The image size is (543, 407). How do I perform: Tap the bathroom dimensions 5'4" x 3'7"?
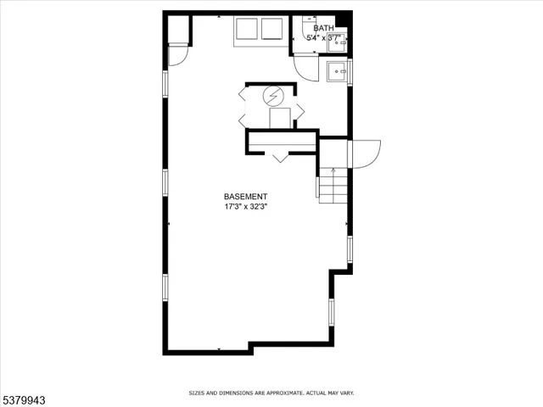click(x=323, y=37)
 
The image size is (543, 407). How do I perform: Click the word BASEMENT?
click(x=245, y=196)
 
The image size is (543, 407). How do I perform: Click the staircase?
click(x=333, y=185)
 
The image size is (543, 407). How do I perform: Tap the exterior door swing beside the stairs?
click(x=366, y=153)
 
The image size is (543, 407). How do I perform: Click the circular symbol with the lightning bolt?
click(x=273, y=96)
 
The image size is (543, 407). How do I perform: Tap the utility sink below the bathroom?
click(x=337, y=72)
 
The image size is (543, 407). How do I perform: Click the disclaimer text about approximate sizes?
click(x=271, y=393)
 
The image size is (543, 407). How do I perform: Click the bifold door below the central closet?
click(x=281, y=155)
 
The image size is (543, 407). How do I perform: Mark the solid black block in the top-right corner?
click(x=342, y=20)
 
